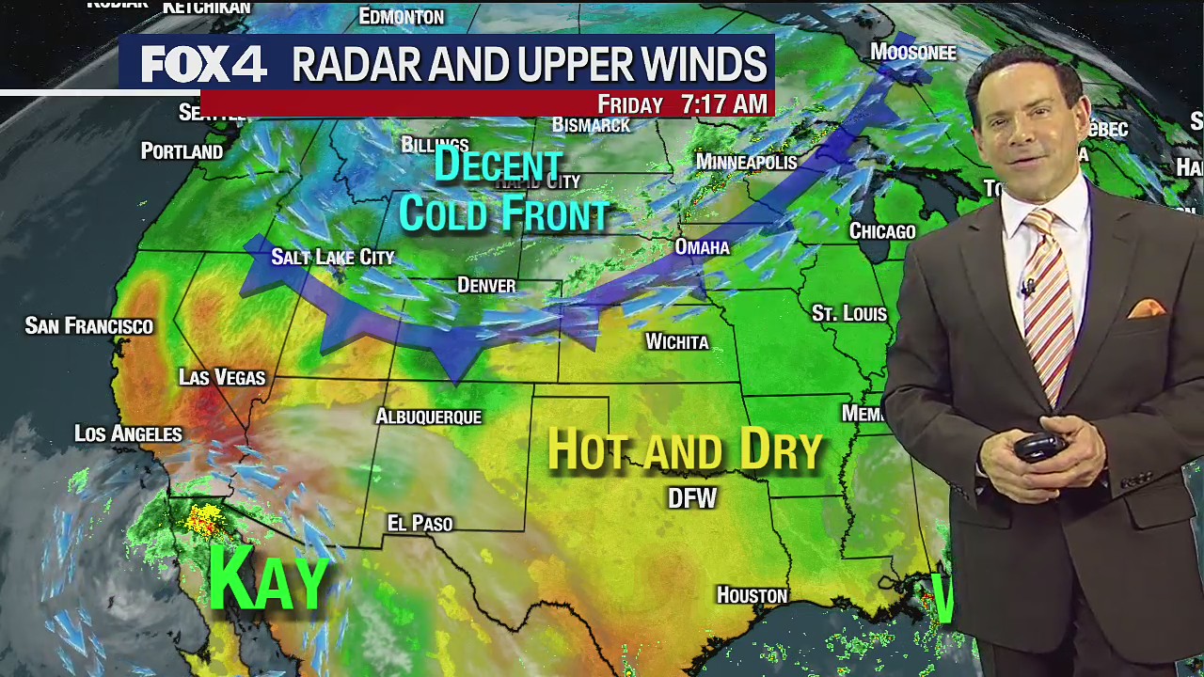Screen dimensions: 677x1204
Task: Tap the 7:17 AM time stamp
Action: point(724,104)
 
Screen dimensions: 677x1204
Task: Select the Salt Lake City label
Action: point(332,257)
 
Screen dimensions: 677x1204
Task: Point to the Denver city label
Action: point(486,285)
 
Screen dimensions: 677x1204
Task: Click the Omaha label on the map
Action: point(702,247)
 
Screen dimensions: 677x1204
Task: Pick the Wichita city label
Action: point(677,342)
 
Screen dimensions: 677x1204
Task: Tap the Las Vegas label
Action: point(222,377)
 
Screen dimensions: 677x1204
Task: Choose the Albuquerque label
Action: point(428,417)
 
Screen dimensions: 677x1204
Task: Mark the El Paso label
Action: point(420,524)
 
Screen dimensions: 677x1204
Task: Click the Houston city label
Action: point(752,595)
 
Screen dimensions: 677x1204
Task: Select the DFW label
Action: point(692,498)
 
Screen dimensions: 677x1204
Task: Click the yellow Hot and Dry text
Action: point(685,450)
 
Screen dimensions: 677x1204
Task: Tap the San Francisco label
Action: point(88,326)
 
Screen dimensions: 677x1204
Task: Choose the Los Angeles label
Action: point(128,433)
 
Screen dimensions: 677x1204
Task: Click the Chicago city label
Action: point(881,231)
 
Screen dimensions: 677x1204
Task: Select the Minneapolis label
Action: point(746,162)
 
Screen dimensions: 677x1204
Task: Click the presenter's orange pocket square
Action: point(1146,308)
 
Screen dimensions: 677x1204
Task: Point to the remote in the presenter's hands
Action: point(1039,447)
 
